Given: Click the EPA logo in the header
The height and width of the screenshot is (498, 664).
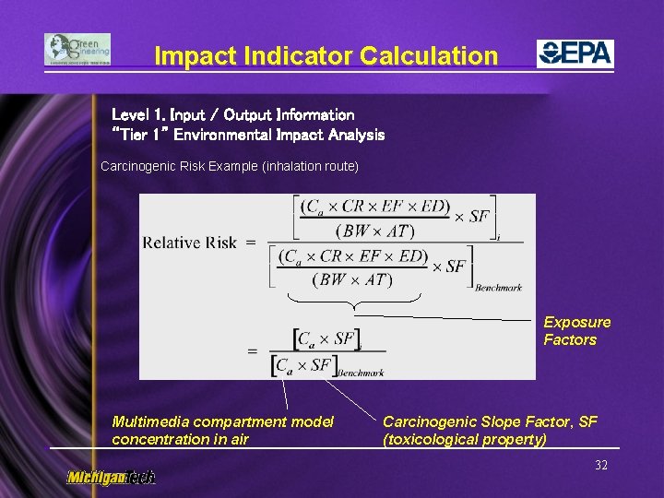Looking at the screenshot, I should pyautogui.click(x=575, y=53).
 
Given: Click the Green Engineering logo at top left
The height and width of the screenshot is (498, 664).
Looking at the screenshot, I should pyautogui.click(x=77, y=50).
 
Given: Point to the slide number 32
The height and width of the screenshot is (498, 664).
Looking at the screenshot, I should pyautogui.click(x=601, y=465).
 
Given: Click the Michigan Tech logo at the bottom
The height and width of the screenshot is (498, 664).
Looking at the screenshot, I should pyautogui.click(x=111, y=477).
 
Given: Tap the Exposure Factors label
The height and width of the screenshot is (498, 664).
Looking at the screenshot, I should pyautogui.click(x=576, y=330).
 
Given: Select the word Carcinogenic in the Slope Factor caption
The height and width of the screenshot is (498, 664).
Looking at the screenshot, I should pyautogui.click(x=429, y=421).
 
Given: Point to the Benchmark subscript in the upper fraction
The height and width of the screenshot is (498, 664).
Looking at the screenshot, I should pyautogui.click(x=498, y=288).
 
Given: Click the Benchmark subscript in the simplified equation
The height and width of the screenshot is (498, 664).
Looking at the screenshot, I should pyautogui.click(x=361, y=373).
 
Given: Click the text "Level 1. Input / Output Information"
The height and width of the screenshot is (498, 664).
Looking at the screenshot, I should pyautogui.click(x=232, y=115).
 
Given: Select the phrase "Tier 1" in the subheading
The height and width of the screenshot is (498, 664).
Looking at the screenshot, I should pyautogui.click(x=139, y=135).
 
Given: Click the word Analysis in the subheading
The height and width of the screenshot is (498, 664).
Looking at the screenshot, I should pyautogui.click(x=354, y=135).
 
